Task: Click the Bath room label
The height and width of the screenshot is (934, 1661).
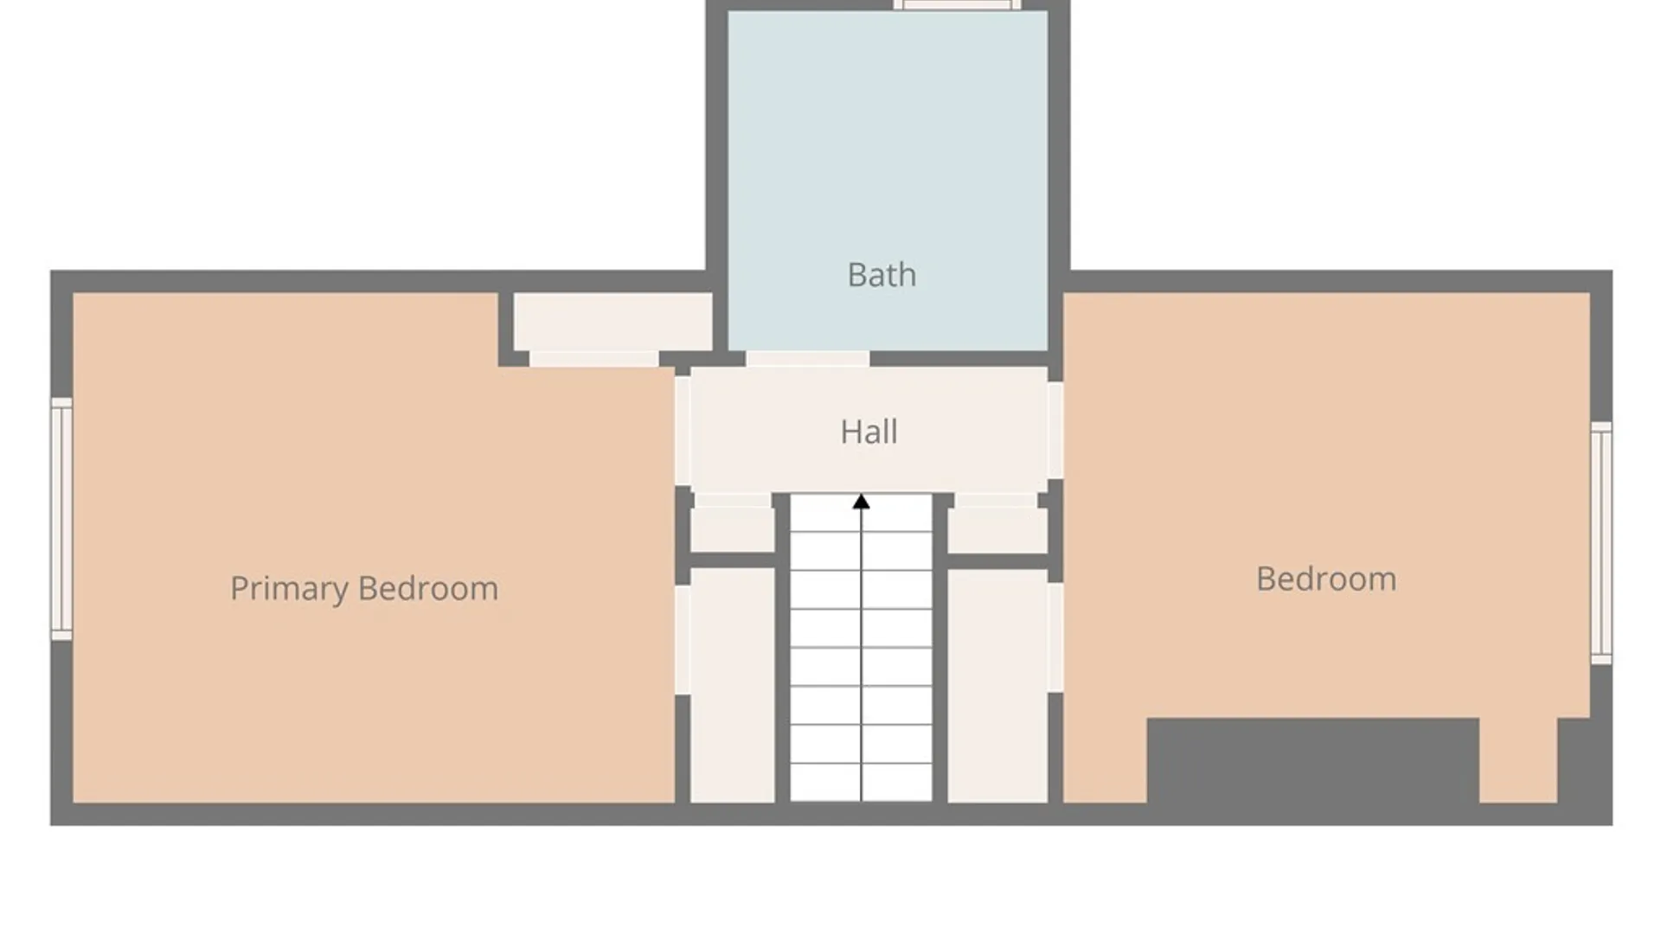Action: click(x=882, y=275)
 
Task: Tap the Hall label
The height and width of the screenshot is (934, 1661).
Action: click(x=869, y=432)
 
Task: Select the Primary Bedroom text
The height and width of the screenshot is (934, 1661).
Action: click(x=364, y=589)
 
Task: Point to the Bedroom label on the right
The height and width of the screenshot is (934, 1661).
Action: click(x=1326, y=579)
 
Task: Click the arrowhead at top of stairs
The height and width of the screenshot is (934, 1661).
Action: click(x=861, y=502)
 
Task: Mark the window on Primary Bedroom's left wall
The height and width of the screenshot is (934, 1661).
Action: click(x=61, y=519)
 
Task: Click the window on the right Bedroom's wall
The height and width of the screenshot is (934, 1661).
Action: click(x=1601, y=543)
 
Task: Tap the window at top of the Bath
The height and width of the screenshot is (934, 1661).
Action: click(x=957, y=5)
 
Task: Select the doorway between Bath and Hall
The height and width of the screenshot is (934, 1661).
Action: click(x=808, y=359)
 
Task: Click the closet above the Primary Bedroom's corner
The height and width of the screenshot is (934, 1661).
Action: click(x=612, y=322)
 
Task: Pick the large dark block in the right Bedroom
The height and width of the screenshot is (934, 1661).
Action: click(x=1313, y=761)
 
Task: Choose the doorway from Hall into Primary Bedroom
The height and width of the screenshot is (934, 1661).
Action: click(x=683, y=430)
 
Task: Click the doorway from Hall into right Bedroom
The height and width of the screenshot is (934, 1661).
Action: click(x=1055, y=430)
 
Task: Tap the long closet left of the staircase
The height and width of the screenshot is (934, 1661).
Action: click(x=732, y=685)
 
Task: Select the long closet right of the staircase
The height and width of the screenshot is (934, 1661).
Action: click(x=997, y=685)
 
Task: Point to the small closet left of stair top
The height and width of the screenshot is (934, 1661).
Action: click(x=732, y=529)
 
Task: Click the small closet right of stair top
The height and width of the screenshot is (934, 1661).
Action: click(x=997, y=529)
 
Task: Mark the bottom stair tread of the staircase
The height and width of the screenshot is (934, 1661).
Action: click(x=861, y=783)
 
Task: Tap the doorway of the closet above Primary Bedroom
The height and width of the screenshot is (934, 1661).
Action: click(x=593, y=359)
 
